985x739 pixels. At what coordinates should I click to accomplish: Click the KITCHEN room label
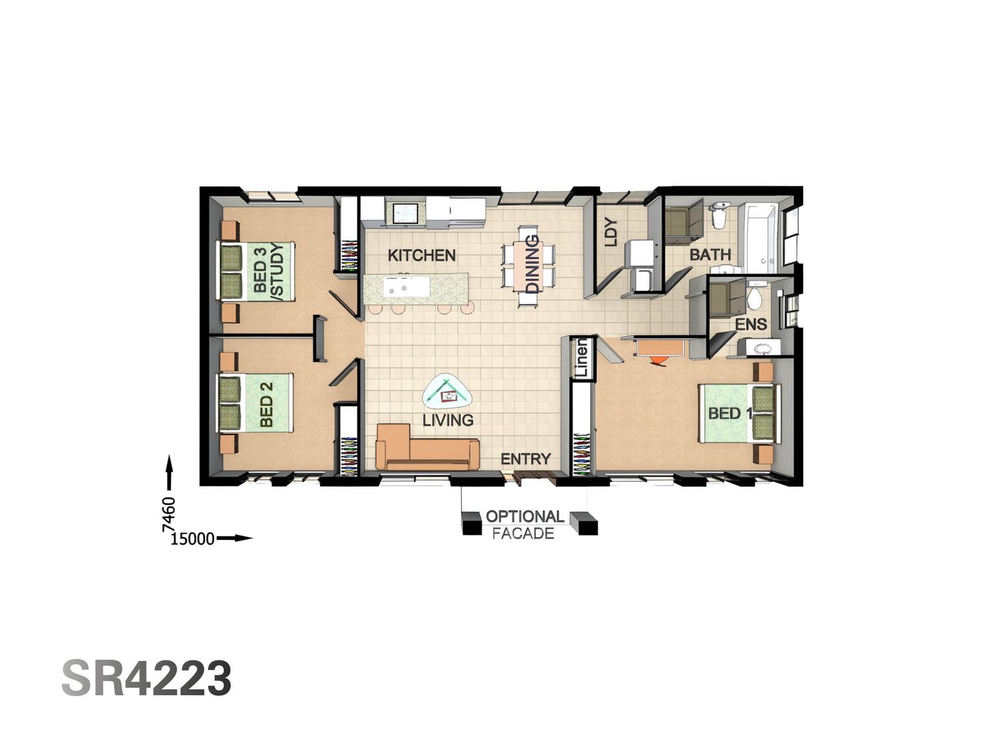click(x=421, y=255)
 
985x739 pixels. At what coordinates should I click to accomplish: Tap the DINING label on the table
click(x=532, y=263)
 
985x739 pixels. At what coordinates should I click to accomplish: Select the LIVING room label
click(x=447, y=420)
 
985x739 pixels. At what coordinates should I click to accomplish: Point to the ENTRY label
click(x=525, y=459)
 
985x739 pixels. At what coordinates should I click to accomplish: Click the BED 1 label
click(x=730, y=413)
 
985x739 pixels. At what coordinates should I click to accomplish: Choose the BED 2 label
click(x=266, y=404)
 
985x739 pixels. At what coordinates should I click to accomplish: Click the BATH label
click(x=710, y=255)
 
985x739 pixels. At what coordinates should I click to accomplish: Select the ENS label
click(x=751, y=324)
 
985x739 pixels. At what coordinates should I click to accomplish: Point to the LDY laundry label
click(x=612, y=231)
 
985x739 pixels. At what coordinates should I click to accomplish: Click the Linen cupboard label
click(x=581, y=357)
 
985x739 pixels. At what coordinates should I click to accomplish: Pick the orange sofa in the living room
click(x=425, y=449)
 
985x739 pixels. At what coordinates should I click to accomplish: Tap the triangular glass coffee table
click(x=448, y=393)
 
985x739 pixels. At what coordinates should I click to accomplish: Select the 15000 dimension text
click(x=192, y=539)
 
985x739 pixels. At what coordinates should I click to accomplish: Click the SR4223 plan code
click(x=147, y=679)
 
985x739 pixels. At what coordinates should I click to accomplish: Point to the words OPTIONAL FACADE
click(x=525, y=525)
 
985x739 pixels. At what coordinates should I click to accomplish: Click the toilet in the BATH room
click(x=719, y=215)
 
